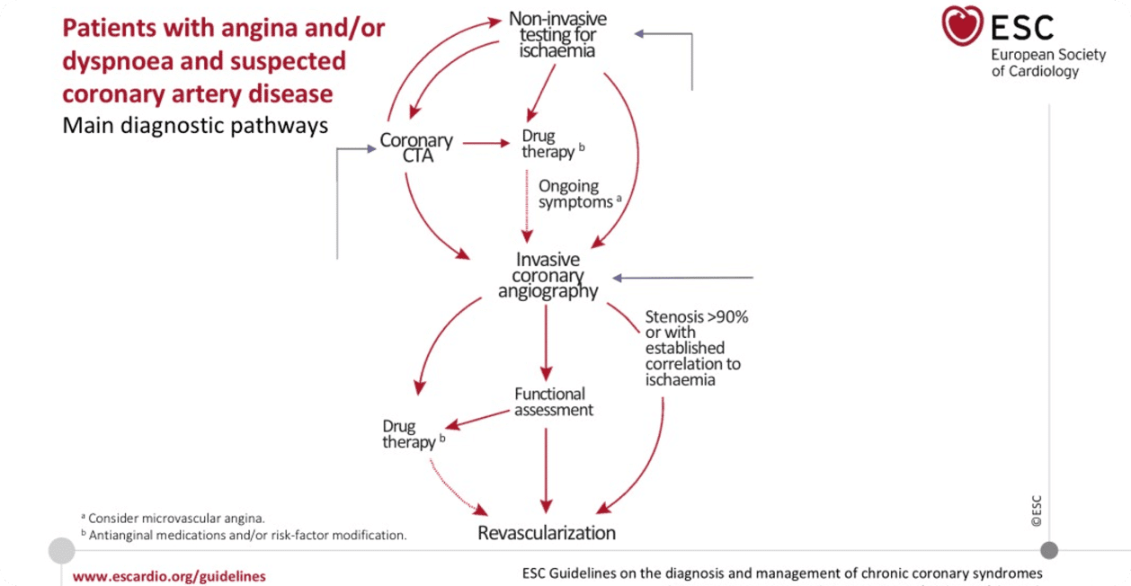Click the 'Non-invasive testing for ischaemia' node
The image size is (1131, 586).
click(557, 34)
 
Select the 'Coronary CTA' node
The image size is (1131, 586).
click(415, 149)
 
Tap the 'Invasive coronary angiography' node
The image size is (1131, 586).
click(548, 275)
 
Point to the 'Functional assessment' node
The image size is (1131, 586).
click(551, 401)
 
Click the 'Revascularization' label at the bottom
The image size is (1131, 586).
click(547, 532)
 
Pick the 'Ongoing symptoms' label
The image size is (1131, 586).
click(575, 194)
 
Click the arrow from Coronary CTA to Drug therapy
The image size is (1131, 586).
click(485, 143)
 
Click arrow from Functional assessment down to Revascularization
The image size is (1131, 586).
click(546, 467)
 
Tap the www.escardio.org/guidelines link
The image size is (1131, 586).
click(169, 576)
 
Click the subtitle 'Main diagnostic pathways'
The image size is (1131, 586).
click(195, 125)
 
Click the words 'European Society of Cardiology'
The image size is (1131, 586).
click(1036, 63)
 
